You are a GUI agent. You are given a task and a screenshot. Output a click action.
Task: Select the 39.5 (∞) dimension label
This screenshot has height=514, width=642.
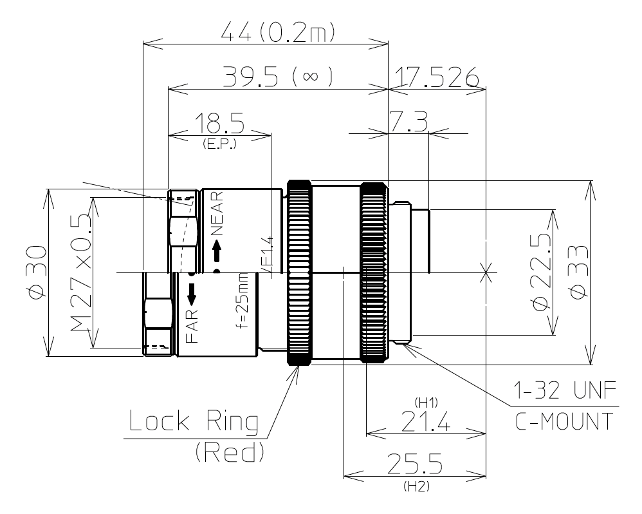[x=278, y=77]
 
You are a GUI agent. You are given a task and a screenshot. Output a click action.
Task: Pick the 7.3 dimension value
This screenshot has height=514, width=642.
[x=410, y=122]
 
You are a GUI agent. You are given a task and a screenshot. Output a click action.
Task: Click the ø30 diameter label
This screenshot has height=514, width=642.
[x=36, y=272]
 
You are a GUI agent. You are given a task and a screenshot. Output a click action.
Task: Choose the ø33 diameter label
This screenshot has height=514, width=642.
[x=577, y=272]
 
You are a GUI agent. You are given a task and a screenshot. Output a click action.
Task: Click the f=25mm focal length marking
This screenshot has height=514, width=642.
[x=242, y=300]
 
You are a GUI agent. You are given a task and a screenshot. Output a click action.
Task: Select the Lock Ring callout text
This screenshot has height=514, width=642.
[x=194, y=423]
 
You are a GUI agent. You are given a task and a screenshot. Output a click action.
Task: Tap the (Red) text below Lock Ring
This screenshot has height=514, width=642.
[x=230, y=453]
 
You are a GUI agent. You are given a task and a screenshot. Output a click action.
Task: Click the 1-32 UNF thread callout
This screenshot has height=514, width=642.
[x=564, y=392]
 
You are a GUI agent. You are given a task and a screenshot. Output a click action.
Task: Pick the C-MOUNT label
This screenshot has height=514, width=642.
[x=564, y=421]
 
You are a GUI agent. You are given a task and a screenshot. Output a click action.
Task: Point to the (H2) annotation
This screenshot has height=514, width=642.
[x=416, y=487]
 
